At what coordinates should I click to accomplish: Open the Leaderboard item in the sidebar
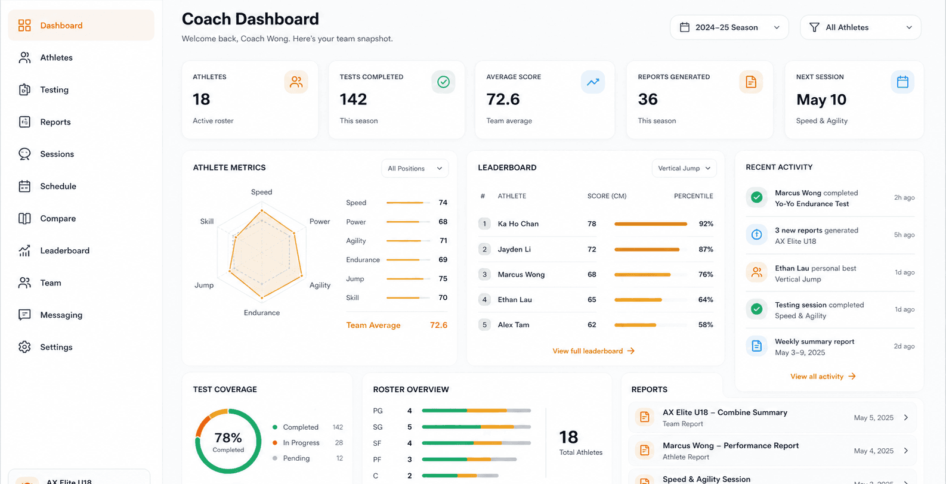[64, 251]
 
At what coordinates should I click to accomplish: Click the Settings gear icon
[24, 347]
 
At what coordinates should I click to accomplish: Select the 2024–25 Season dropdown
[729, 27]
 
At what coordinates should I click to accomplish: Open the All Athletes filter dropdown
[860, 27]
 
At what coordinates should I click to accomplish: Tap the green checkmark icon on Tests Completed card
[443, 82]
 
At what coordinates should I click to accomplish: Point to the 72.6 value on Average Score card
[503, 100]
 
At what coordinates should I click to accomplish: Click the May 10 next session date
[821, 100]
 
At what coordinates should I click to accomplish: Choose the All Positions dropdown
[415, 168]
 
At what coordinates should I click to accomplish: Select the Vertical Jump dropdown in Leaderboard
[684, 168]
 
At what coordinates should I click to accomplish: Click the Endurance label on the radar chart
[261, 313]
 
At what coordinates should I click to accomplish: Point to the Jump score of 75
[443, 278]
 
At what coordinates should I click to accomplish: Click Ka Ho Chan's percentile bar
[650, 224]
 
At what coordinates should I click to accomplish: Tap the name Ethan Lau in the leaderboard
[514, 300]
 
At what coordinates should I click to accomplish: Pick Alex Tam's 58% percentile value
[705, 325]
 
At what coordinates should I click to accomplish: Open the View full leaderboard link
[593, 351]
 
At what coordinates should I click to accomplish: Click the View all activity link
[823, 376]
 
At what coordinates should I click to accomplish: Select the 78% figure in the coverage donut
[228, 437]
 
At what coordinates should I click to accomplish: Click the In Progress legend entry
[301, 443]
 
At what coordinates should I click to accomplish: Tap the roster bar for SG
[476, 427]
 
